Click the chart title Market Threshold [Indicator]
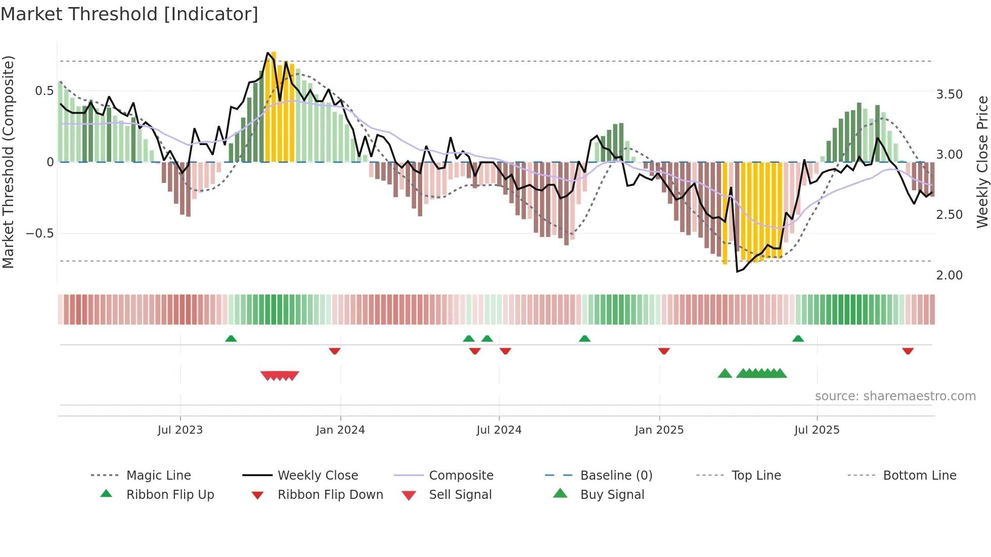(129, 14)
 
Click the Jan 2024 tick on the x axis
(340, 430)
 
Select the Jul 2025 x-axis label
(817, 430)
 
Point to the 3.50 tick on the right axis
(949, 95)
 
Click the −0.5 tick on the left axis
(39, 234)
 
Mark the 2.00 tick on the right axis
(949, 275)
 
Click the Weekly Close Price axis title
(982, 162)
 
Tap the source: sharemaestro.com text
(895, 396)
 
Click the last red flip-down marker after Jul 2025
(908, 351)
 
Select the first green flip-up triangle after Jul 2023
(231, 338)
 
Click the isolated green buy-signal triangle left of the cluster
(725, 374)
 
